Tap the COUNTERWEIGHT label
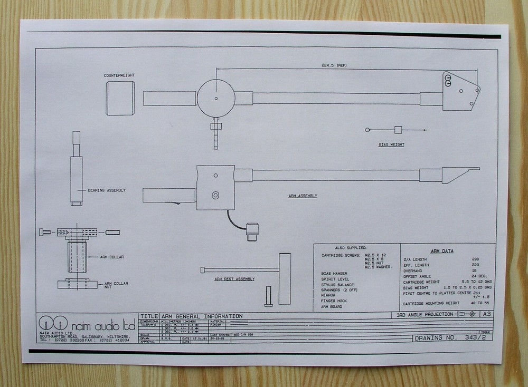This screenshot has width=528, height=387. tap(119, 75)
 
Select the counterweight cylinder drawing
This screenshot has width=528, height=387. tap(120, 98)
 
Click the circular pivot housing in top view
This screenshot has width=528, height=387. tap(216, 98)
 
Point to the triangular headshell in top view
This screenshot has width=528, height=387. tap(459, 91)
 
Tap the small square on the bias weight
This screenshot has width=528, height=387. tap(398, 130)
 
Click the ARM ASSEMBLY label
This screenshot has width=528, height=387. tap(303, 196)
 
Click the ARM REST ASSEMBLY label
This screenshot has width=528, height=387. tap(234, 279)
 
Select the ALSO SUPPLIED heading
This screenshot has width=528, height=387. tap(351, 247)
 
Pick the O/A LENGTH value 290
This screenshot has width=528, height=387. tap(475, 259)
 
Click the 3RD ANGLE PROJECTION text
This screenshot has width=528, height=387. tap(425, 315)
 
